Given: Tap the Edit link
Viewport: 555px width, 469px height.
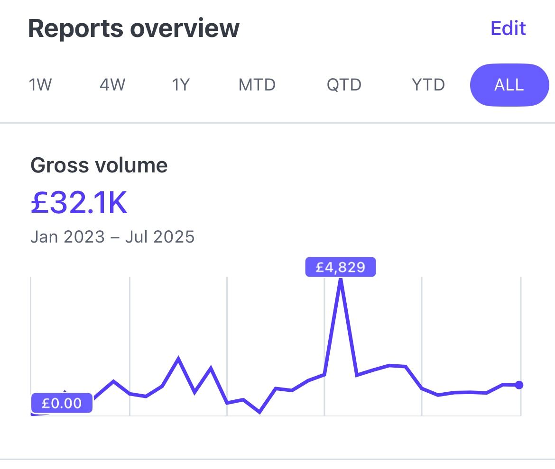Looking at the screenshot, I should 508,28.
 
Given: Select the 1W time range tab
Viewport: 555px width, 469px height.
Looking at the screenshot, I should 40,85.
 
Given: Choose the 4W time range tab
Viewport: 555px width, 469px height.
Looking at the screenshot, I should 112,85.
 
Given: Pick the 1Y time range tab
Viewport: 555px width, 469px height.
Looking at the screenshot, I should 181,85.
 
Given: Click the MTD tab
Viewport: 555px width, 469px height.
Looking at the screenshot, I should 257,85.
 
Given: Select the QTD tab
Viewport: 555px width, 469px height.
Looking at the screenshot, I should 344,85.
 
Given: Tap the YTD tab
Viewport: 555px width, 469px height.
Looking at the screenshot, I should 428,85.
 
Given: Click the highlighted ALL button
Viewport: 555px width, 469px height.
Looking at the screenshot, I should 509,85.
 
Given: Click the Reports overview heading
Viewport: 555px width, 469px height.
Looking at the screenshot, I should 134,28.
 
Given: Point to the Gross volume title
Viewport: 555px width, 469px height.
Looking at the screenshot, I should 99,166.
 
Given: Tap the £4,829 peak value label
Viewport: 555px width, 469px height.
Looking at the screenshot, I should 341,267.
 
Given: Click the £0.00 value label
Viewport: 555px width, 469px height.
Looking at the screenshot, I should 62,404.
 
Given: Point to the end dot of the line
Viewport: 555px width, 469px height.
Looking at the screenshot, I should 519,385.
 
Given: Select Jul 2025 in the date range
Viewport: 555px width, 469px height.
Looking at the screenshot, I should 160,236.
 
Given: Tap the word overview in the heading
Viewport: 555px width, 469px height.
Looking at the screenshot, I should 185,28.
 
